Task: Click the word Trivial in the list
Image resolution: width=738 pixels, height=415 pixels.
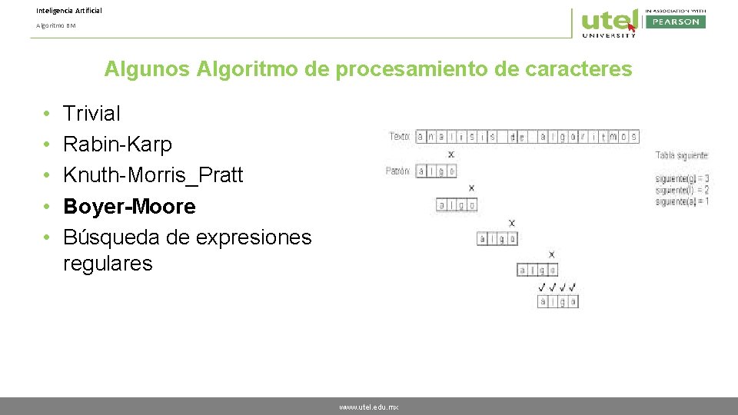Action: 91,114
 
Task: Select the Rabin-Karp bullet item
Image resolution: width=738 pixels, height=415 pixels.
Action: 117,144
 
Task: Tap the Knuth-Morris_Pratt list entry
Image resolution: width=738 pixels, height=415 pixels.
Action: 152,175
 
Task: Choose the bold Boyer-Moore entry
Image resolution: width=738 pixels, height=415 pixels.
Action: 129,207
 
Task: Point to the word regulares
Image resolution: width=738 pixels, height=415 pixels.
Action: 108,264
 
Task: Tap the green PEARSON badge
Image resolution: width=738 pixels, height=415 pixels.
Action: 675,22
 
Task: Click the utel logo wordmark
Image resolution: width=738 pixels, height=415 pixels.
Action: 608,20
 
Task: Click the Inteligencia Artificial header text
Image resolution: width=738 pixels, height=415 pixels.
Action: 68,11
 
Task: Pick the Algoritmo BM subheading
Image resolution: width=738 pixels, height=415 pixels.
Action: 56,25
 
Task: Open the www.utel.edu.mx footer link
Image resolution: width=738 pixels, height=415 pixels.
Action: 369,407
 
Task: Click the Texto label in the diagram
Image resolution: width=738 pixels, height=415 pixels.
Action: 400,137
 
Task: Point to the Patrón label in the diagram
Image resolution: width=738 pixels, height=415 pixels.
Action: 398,171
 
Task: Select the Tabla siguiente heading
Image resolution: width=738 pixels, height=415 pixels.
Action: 682,156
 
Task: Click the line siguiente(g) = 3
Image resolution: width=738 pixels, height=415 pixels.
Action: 682,179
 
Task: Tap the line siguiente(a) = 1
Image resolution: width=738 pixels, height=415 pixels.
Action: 682,201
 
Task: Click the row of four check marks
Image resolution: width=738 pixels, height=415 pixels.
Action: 557,287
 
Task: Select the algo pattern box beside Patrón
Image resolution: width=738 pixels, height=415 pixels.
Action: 436,171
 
